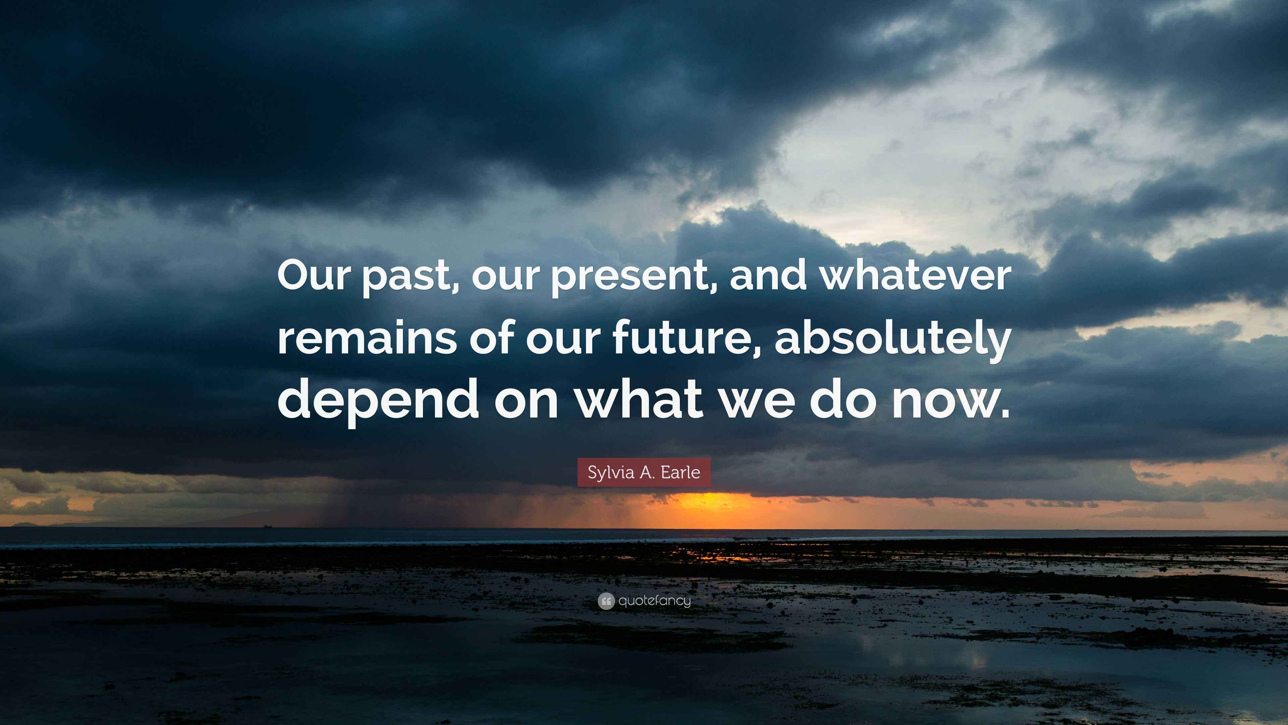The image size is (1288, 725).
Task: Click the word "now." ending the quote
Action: pyautogui.click(x=950, y=400)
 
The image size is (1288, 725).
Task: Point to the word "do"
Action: pyautogui.click(x=843, y=400)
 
